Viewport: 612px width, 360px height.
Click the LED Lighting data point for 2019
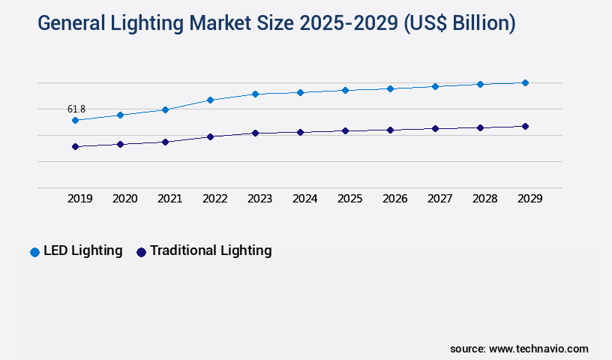(75, 120)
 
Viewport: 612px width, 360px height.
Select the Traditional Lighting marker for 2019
(75, 146)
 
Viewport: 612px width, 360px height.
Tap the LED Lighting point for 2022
(210, 100)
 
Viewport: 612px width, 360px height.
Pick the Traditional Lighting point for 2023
(255, 133)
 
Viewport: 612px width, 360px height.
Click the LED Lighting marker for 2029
(525, 82)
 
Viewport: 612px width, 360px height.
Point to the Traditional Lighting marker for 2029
(525, 126)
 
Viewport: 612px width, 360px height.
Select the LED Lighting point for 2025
(345, 90)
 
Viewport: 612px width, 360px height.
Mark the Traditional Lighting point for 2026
(390, 130)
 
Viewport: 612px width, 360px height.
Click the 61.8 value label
(76, 109)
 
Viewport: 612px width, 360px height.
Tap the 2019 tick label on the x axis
(79, 199)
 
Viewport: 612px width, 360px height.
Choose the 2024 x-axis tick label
(304, 199)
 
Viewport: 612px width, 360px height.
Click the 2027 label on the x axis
(439, 199)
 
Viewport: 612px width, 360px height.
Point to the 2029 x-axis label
(529, 199)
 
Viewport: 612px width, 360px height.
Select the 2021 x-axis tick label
(169, 199)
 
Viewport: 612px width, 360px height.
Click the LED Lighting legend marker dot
(34, 252)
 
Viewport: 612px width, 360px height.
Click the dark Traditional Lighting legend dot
(141, 252)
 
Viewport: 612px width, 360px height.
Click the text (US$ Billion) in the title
(460, 23)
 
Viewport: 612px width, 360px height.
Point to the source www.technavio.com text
(519, 349)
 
